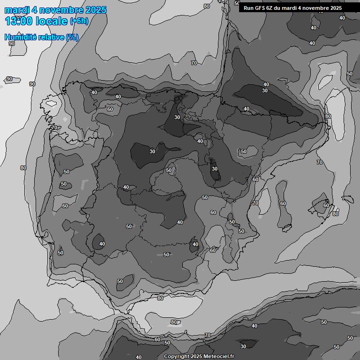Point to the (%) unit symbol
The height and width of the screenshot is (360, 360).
coord(73,37)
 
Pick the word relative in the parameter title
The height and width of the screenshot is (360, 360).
coord(52,37)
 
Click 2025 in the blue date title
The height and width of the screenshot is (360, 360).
coord(95,10)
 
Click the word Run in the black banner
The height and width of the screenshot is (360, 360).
coord(248,8)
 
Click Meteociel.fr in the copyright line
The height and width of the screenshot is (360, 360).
coord(217,356)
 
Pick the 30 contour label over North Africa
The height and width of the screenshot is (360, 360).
coord(243,346)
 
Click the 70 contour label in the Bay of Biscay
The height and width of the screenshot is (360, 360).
coord(194,63)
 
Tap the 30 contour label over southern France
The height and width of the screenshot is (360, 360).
coord(265,90)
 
